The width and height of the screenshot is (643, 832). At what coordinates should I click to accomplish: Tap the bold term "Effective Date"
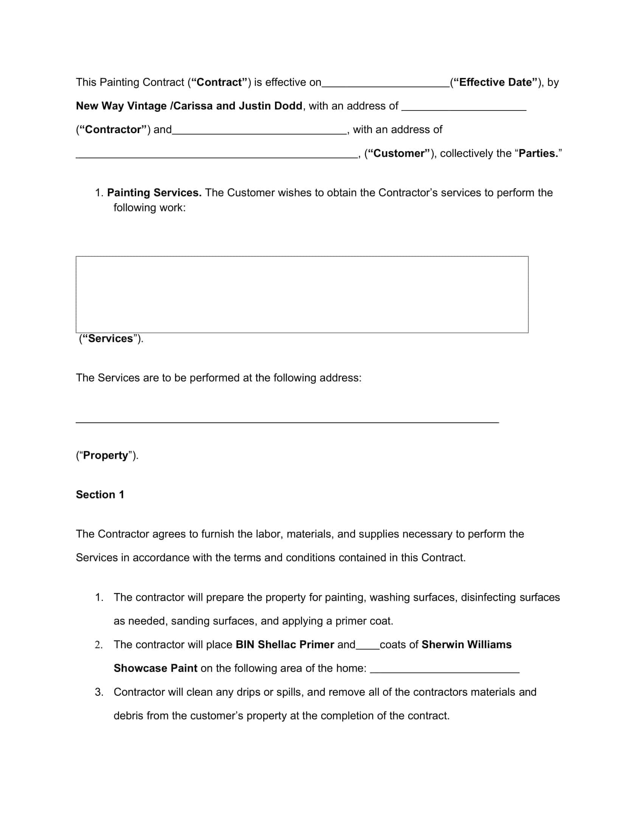click(495, 82)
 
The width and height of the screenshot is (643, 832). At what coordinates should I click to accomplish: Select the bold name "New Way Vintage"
click(121, 106)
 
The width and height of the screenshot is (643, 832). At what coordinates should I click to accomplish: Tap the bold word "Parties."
click(538, 153)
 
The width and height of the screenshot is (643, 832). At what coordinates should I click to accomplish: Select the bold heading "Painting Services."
click(154, 193)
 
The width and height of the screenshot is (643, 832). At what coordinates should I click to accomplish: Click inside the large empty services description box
click(302, 294)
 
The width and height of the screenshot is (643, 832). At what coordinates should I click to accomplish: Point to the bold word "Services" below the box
click(110, 338)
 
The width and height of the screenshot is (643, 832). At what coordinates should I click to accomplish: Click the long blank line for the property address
click(287, 420)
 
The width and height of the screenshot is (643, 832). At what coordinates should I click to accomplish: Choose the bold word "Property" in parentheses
click(106, 455)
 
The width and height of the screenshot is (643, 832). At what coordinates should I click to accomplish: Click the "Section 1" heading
click(100, 495)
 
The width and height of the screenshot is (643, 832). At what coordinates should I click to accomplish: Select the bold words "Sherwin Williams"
click(466, 644)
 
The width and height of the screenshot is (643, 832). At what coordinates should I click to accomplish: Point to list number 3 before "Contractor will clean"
click(99, 692)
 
